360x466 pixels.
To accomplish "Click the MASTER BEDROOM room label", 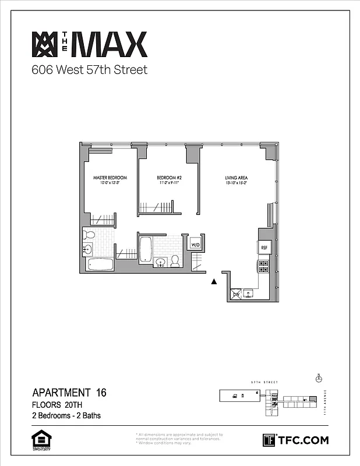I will pyautogui.click(x=110, y=177).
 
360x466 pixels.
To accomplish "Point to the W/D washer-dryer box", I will pyautogui.click(x=196, y=245).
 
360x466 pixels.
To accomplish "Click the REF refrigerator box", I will pyautogui.click(x=264, y=248).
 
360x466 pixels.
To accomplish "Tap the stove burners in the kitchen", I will pyautogui.click(x=263, y=267).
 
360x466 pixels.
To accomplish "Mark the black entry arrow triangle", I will pyautogui.click(x=214, y=281).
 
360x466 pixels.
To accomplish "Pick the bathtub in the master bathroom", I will pyautogui.click(x=100, y=264).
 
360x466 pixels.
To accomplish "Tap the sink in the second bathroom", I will pyautogui.click(x=160, y=263).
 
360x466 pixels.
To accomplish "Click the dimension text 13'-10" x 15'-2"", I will pyautogui.click(x=238, y=183).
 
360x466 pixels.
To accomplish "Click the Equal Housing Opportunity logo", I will pyautogui.click(x=39, y=440).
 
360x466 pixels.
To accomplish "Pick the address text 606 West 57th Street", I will pyautogui.click(x=89, y=70).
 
